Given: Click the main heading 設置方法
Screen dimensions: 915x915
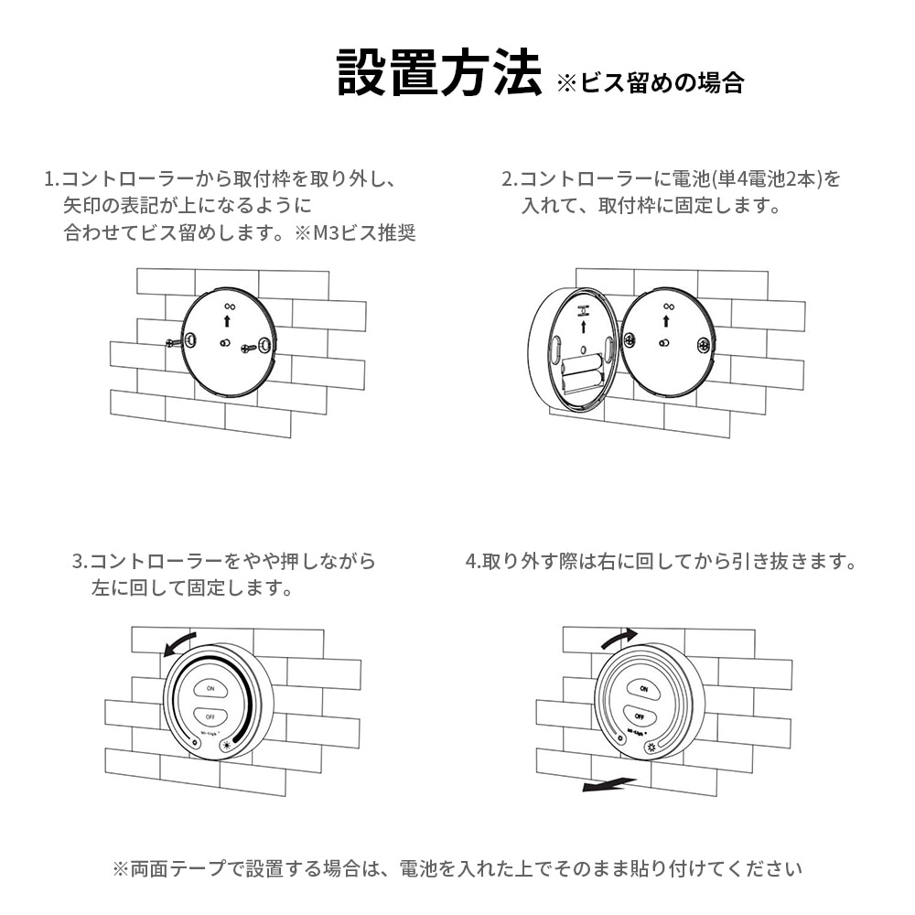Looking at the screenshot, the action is [439, 72].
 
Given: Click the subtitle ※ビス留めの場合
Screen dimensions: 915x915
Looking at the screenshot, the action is [650, 83].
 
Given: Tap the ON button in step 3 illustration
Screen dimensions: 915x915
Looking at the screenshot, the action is [210, 688].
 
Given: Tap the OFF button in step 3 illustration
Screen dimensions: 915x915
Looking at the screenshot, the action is [210, 716].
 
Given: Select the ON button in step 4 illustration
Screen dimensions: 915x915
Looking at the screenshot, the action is [642, 689].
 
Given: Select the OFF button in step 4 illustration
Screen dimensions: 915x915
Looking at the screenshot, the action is [640, 716].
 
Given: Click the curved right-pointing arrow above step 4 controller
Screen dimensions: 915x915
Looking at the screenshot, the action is [619, 638].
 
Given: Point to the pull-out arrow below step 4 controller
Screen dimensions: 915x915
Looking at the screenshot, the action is [608, 785].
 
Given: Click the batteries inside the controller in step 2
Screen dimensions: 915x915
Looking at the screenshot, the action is [581, 371].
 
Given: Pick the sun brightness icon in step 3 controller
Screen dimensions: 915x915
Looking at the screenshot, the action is [225, 745].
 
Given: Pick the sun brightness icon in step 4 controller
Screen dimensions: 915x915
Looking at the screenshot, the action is [651, 748].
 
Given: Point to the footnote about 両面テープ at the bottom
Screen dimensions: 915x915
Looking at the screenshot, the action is [457, 868].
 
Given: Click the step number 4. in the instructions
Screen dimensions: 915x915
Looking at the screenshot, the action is [472, 562].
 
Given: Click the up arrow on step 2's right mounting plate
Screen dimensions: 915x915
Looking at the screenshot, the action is [666, 321].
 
